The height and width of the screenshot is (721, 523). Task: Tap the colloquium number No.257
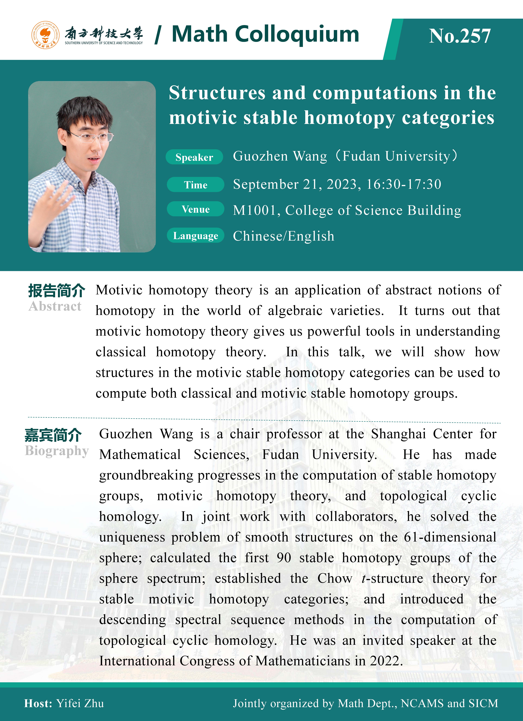click(460, 36)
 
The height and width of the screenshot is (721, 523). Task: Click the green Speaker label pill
click(194, 157)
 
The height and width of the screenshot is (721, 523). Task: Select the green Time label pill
click(196, 185)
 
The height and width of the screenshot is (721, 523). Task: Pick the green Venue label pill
click(196, 209)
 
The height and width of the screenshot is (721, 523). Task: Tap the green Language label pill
click(196, 236)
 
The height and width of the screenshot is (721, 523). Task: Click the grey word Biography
click(57, 451)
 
